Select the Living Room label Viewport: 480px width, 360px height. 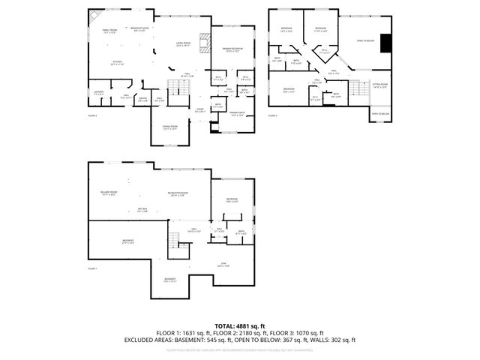tap(182, 44)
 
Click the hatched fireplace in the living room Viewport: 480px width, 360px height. tap(201, 42)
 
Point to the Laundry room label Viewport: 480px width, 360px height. tap(98, 93)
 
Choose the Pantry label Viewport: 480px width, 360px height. tap(142, 98)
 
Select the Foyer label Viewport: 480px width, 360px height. tap(200, 109)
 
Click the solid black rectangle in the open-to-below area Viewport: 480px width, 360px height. tap(385, 44)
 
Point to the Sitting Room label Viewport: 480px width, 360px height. tap(380, 85)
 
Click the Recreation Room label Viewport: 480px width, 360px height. tap(177, 193)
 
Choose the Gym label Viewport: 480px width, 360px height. tap(223, 265)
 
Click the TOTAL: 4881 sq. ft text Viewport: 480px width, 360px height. tap(239, 325)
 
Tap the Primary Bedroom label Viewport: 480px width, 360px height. tap(230, 50)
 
